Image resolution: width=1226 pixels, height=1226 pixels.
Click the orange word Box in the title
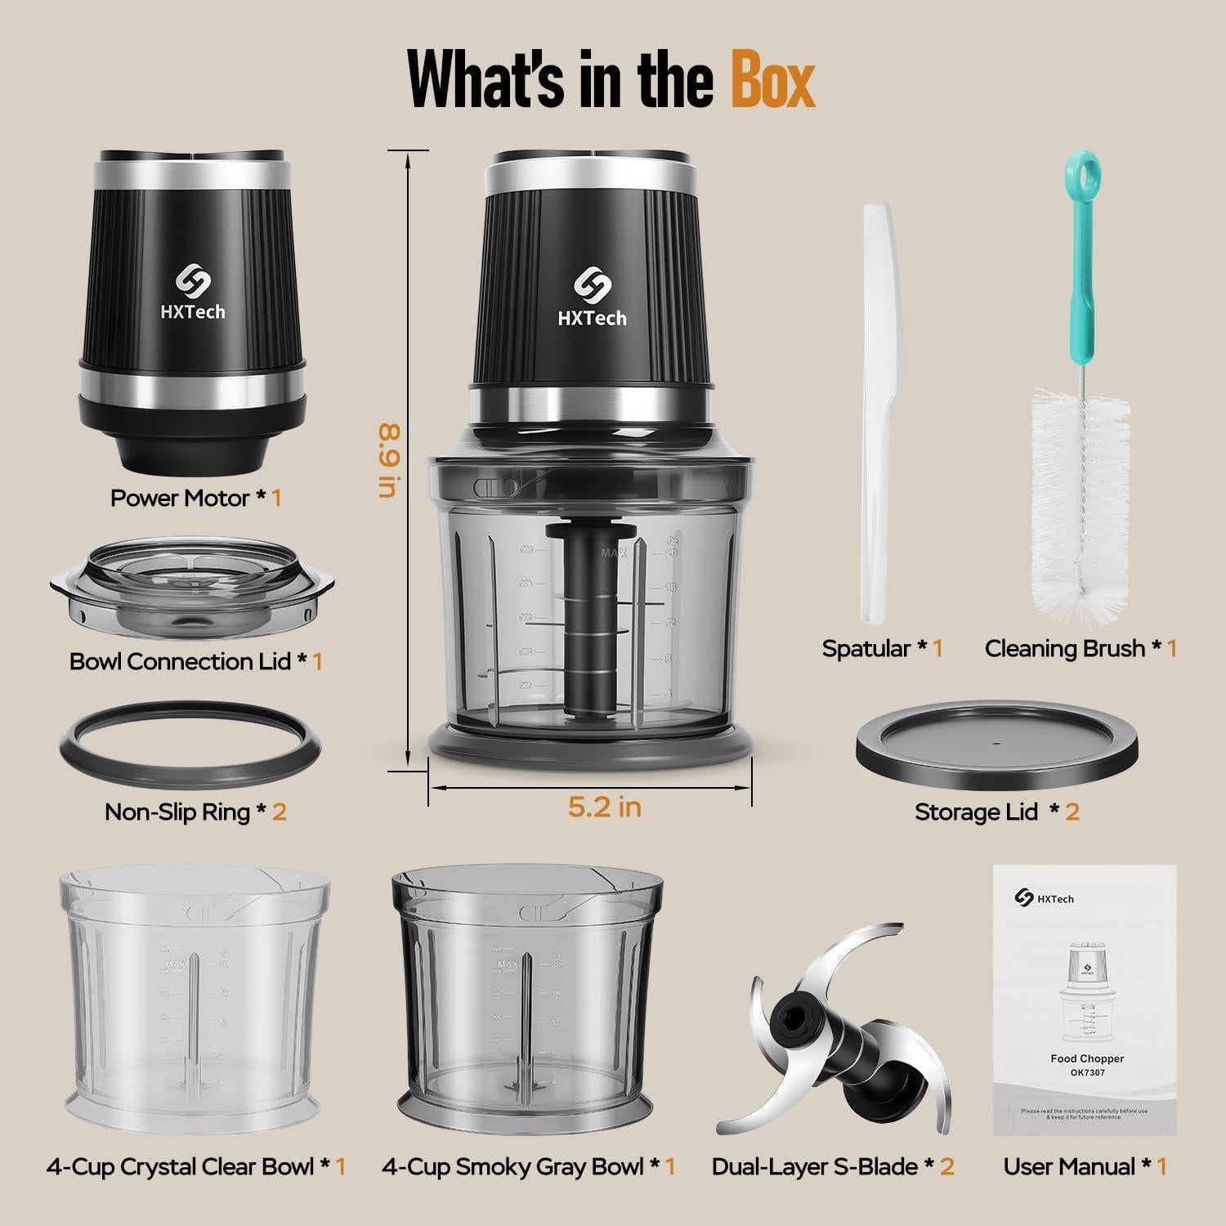point(772,79)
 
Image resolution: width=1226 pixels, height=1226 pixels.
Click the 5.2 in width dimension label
point(605,808)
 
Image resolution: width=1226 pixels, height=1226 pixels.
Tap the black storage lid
point(996,745)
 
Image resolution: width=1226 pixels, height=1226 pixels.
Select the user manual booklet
point(1085,999)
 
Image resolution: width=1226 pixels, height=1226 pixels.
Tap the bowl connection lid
point(191,588)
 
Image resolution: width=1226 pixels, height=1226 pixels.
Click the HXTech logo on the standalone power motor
point(192,291)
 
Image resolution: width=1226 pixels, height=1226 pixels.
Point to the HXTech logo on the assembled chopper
point(592,297)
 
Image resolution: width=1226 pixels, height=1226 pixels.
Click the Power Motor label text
point(180,499)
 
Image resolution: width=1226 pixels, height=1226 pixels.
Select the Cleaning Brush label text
point(1064,649)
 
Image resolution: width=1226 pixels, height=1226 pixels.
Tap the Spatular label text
point(866,649)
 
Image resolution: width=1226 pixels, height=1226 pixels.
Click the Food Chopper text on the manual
point(1087,1058)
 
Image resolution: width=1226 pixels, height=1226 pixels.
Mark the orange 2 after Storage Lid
point(1072,812)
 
